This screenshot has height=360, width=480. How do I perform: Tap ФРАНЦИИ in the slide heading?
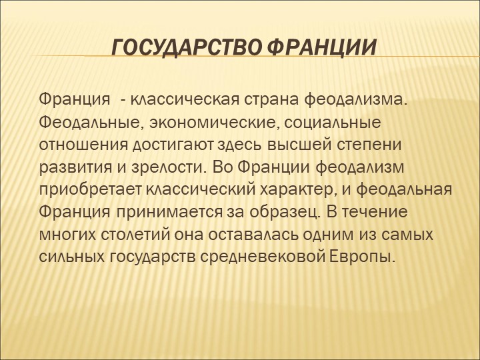(323, 48)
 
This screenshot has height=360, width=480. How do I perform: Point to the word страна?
(271, 100)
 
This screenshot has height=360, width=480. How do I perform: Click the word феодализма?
(356, 101)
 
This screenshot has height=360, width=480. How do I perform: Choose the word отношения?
(83, 145)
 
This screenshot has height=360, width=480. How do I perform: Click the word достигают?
(173, 145)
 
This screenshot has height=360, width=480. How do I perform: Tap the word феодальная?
(404, 189)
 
